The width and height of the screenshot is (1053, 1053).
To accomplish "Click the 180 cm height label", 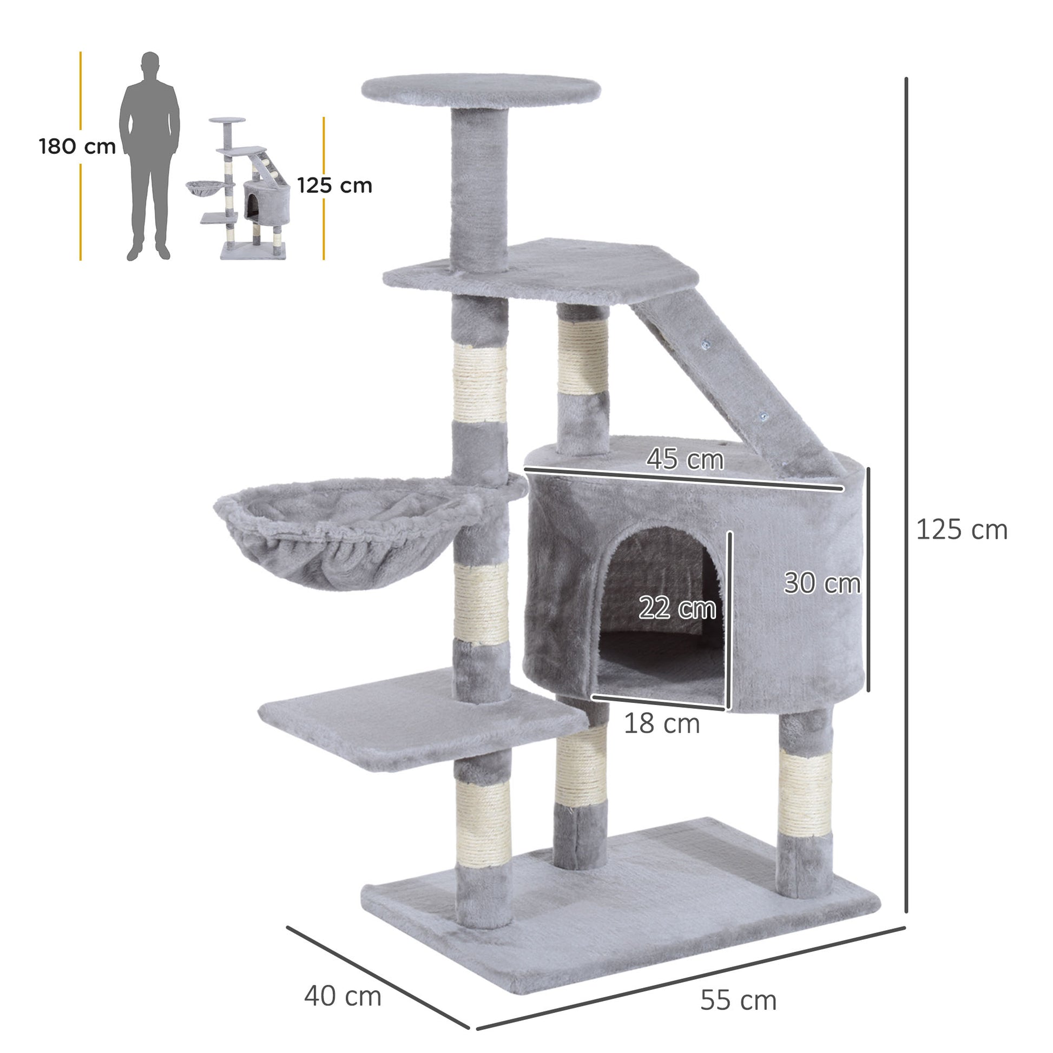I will click(x=77, y=147).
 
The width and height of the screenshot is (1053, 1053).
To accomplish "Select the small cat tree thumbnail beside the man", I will click(x=245, y=188).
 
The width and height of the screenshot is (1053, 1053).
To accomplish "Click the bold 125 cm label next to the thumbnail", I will click(x=334, y=186).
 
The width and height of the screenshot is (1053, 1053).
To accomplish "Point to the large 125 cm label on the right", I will click(x=962, y=530).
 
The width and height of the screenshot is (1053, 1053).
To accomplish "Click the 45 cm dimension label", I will click(x=685, y=459).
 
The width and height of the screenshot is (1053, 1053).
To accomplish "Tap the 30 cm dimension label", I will click(x=821, y=583).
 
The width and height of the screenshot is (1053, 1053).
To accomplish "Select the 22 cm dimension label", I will click(x=677, y=608).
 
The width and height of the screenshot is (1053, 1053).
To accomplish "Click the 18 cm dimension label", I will click(x=661, y=725).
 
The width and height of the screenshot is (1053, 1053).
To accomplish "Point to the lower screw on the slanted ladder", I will click(x=763, y=417).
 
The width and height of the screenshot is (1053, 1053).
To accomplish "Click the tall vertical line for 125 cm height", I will click(x=906, y=491).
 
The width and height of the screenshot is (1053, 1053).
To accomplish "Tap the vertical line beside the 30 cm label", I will click(x=868, y=579).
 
